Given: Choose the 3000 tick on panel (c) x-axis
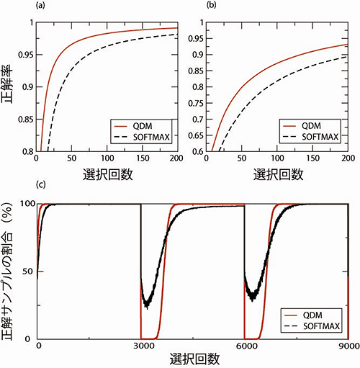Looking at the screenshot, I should pos(141,346).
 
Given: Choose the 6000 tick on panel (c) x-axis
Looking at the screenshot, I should pos(245,346).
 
